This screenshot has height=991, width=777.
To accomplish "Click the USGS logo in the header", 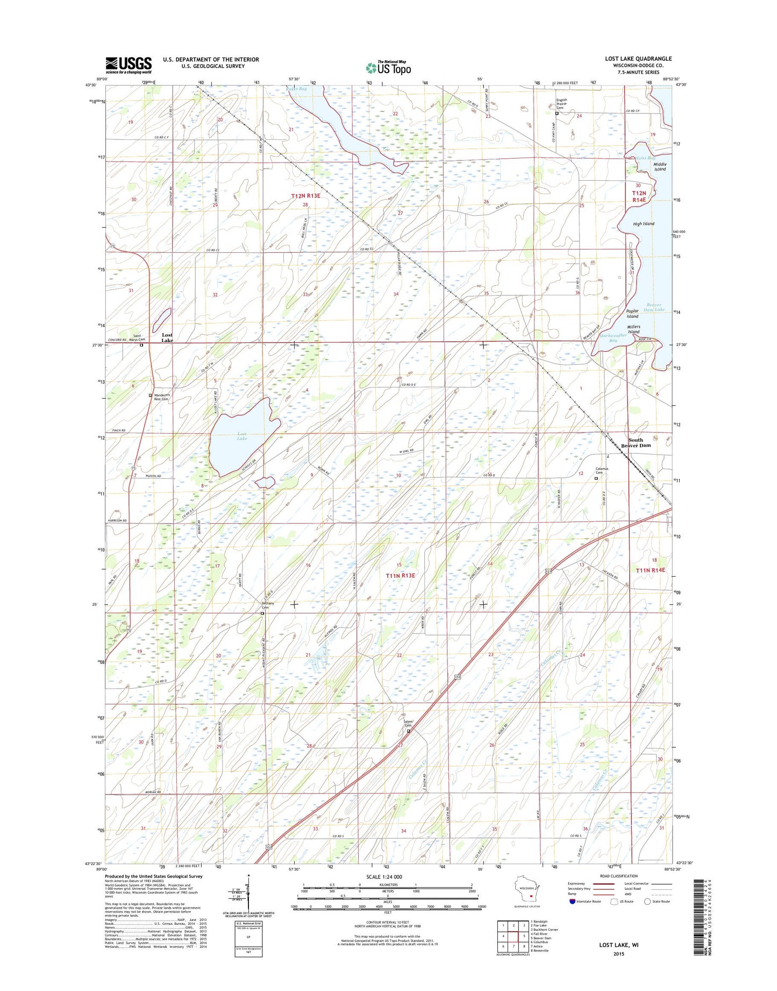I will pyautogui.click(x=128, y=65).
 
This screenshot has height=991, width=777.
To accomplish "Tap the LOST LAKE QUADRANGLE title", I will pyautogui.click(x=638, y=59).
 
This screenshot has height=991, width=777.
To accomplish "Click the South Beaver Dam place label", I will pyautogui.click(x=636, y=442).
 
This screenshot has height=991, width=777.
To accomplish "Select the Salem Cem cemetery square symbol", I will pyautogui.click(x=408, y=731).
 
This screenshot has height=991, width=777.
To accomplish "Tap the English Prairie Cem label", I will pyautogui.click(x=561, y=104).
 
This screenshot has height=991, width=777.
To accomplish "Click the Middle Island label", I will pyautogui.click(x=660, y=167).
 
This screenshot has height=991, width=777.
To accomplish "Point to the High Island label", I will pyautogui.click(x=644, y=224).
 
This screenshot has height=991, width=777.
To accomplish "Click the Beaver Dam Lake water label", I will pyautogui.click(x=654, y=307).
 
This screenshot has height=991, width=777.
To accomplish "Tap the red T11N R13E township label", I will pyautogui.click(x=401, y=576).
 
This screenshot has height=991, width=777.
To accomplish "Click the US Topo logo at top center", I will pyautogui.click(x=388, y=67).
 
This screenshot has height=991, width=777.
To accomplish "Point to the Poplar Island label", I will pyautogui.click(x=632, y=314).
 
